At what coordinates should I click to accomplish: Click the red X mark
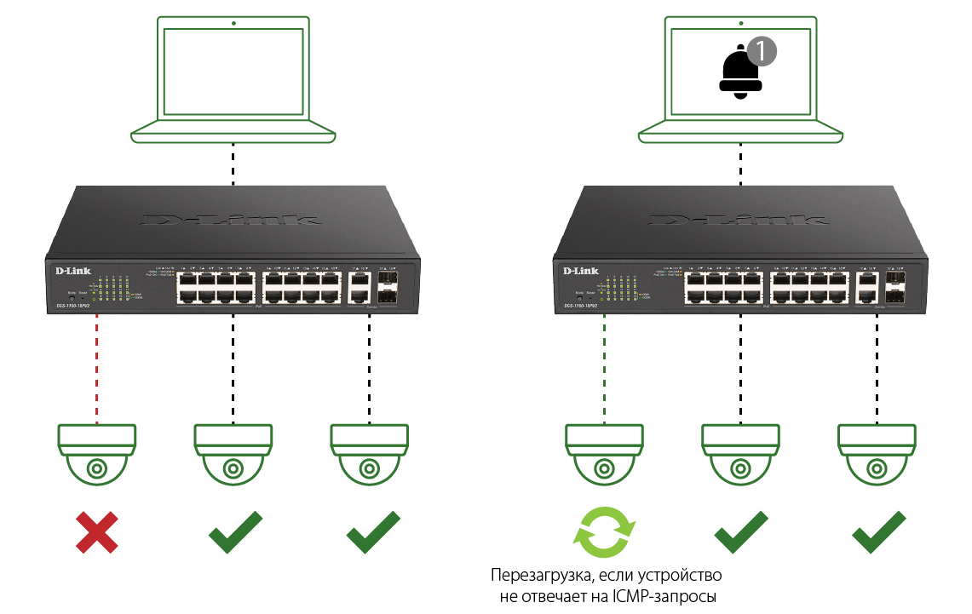tap(96, 532)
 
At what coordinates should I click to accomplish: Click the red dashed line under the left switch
tap(97, 366)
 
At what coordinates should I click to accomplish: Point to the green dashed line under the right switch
tap(604, 366)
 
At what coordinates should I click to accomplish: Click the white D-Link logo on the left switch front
tap(73, 271)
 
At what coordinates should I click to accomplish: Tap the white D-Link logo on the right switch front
tap(581, 271)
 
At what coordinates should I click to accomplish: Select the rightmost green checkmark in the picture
tap(878, 531)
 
